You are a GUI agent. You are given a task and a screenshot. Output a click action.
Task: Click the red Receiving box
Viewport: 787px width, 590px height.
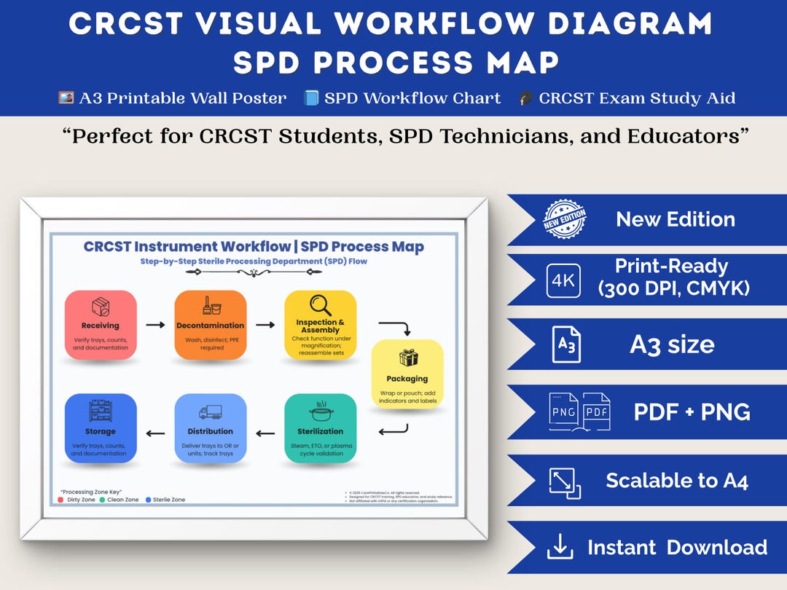click(x=101, y=325)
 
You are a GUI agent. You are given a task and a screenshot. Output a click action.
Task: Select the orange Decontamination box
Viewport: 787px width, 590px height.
click(x=211, y=325)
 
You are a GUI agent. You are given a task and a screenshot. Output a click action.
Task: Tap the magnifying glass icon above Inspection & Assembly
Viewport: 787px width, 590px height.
click(x=320, y=304)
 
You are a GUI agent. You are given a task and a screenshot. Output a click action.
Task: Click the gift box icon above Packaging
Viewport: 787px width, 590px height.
click(x=408, y=358)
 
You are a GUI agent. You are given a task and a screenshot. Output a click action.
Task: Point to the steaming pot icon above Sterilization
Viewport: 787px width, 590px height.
click(x=320, y=412)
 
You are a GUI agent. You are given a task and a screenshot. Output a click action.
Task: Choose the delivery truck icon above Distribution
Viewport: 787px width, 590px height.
click(x=210, y=412)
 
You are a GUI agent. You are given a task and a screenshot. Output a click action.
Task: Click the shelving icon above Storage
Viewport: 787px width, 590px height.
click(x=100, y=412)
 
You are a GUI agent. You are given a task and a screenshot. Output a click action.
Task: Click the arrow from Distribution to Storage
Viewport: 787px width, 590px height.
click(x=155, y=433)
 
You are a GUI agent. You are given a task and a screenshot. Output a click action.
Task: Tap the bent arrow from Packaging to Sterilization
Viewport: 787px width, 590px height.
click(x=393, y=432)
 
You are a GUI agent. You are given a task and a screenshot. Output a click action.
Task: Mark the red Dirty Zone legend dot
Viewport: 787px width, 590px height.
click(x=60, y=500)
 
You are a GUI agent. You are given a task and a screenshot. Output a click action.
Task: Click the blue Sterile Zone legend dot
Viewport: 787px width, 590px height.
click(x=148, y=500)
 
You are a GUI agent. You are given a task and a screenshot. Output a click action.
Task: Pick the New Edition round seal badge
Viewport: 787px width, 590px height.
click(x=565, y=219)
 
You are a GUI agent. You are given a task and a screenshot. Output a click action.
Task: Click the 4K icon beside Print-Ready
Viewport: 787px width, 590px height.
click(x=564, y=280)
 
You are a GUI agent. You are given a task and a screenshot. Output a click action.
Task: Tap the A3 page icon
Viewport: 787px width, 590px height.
click(x=566, y=345)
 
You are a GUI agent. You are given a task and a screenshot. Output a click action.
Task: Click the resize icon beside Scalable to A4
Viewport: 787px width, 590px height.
click(x=565, y=482)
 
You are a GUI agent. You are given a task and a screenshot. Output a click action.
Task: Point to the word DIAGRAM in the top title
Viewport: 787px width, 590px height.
click(x=630, y=24)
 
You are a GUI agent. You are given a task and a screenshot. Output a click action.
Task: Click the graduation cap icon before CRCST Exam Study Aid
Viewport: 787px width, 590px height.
click(x=526, y=98)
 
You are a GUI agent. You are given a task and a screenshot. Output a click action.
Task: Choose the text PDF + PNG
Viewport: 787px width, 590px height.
click(x=692, y=412)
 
